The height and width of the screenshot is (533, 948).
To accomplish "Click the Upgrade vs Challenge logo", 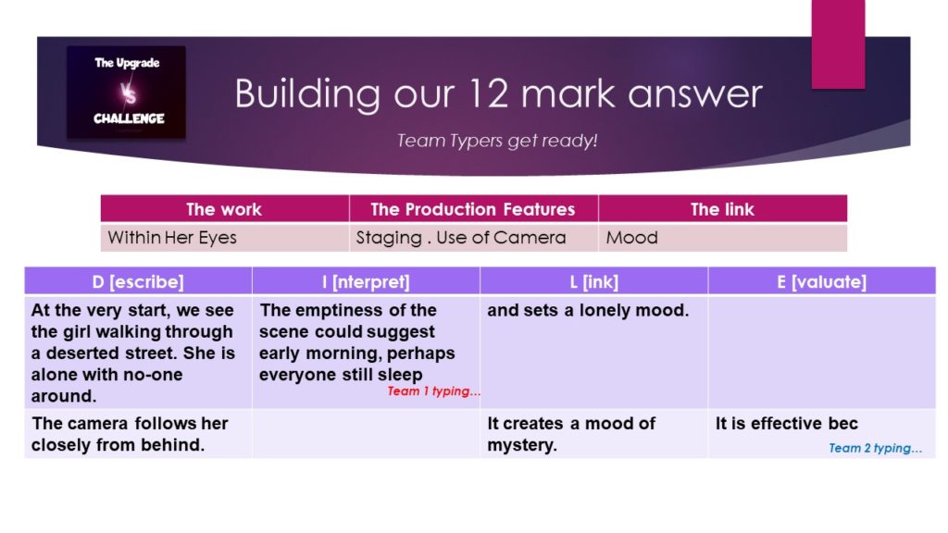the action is tap(126, 92).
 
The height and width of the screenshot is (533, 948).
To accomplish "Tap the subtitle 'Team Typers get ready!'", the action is tap(497, 141).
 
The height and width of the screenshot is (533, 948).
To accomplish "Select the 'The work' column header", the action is tap(224, 209).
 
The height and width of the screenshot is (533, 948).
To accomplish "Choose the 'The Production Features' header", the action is tap(473, 209).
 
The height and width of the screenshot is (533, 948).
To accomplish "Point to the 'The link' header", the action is tap(722, 209).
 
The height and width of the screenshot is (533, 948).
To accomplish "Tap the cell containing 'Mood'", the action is tap(722, 238).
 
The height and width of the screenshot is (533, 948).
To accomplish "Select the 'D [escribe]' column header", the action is tap(138, 281).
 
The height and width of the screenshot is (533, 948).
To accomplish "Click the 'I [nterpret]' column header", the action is tap(366, 281).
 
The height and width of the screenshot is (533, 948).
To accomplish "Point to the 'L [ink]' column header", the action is tap(593, 281).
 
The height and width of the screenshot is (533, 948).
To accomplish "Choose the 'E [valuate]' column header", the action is tap(822, 281).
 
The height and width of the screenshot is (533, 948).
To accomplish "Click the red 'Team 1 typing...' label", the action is tap(433, 391).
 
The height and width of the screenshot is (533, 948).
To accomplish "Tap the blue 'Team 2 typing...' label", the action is tap(875, 449).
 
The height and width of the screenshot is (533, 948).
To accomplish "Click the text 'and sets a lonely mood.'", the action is tap(588, 310).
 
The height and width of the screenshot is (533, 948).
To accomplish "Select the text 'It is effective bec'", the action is tap(787, 424).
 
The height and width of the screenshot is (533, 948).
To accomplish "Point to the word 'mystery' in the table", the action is tap(520, 445).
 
